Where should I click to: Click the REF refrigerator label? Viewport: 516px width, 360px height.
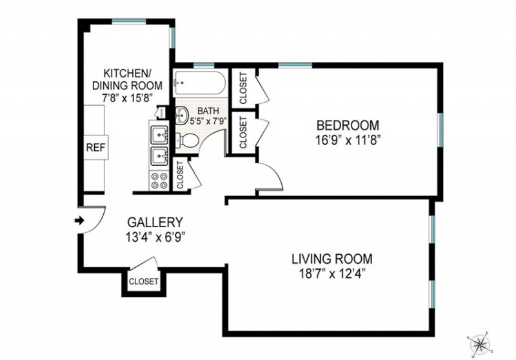coord(95,148)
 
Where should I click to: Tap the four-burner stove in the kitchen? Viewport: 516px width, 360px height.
coord(159,181)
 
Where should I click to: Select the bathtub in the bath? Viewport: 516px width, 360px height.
coord(199,83)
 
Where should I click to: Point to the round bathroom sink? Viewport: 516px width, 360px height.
coord(181,115)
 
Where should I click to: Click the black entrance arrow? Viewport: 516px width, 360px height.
coord(79,221)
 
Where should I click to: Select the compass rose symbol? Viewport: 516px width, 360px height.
coord(481,345)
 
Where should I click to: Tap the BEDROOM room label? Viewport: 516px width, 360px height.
coord(348,125)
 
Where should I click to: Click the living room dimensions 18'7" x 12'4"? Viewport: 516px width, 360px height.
coord(332,273)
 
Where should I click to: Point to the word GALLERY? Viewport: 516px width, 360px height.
coord(155,222)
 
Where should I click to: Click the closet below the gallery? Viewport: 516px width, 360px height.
coord(144,282)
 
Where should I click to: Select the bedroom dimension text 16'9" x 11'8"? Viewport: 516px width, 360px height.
coord(348,141)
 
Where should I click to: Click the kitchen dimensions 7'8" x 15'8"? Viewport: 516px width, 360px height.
coord(127,97)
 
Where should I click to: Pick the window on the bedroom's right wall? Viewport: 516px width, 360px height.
coord(440,130)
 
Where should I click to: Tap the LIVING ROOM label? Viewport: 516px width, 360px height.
coord(332,259)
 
